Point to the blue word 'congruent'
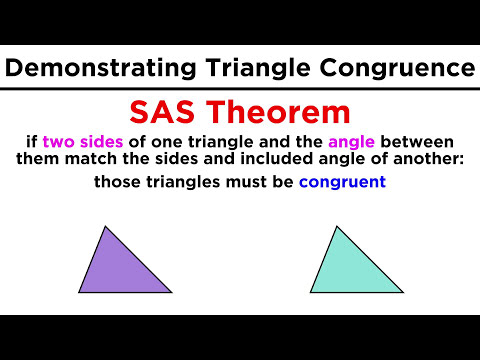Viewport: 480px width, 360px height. (342, 183)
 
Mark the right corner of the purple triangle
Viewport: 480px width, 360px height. (170, 291)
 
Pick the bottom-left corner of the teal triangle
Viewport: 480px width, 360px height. (311, 292)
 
